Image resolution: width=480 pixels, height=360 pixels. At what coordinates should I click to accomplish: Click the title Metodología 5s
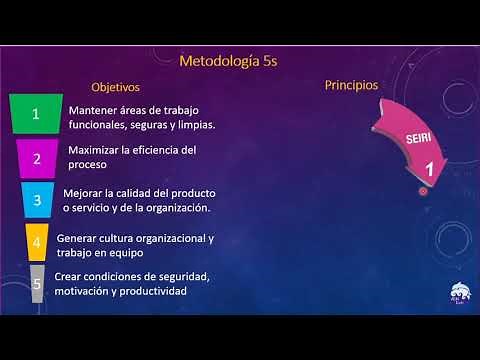coord(228,62)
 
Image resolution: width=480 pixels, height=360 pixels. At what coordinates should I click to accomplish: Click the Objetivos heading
coord(115,88)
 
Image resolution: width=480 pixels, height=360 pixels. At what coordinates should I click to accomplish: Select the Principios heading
coord(352,86)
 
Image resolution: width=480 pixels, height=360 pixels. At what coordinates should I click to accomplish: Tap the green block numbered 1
coord(36,114)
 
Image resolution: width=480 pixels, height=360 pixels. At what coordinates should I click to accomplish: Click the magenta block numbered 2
coord(38,158)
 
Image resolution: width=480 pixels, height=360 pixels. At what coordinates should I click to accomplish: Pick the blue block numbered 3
coord(37,200)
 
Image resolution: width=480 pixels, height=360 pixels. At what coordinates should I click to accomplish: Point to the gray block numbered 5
coord(37,284)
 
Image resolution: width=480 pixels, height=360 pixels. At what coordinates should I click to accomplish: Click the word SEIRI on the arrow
coord(392,138)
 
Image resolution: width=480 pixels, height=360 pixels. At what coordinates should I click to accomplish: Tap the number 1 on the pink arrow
coord(429,170)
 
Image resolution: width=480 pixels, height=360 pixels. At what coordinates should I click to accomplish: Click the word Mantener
coord(92,110)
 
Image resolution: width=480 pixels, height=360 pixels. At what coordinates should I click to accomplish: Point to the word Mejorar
coord(82,193)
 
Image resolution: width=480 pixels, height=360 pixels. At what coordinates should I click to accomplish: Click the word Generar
coord(78,238)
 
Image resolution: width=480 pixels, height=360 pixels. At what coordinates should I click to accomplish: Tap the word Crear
coord(69,277)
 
